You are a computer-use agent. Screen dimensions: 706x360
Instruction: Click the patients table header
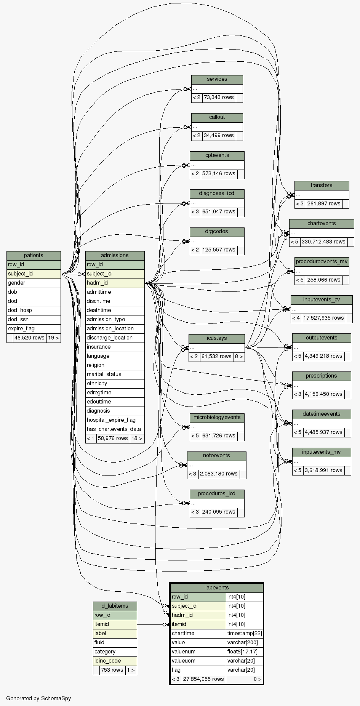coord(34,256)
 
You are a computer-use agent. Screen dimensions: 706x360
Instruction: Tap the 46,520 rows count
coord(29,338)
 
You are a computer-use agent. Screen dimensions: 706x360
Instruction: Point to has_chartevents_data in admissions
coord(114,429)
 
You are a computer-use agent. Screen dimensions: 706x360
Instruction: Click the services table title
coord(217,79)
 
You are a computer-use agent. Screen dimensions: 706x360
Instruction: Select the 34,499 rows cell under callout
coord(219,136)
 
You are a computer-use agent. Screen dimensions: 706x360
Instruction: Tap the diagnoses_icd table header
coord(217,194)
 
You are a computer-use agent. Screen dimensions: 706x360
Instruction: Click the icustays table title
coord(216,338)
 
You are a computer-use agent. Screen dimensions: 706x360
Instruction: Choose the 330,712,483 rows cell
coord(323,242)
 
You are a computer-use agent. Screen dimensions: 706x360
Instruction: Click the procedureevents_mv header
coord(322,262)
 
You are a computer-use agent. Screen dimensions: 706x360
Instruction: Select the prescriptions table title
coord(321,376)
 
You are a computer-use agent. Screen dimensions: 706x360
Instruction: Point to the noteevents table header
coord(216,456)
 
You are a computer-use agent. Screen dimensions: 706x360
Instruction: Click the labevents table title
coord(217,588)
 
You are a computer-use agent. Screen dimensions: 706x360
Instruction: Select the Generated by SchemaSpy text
coord(38,698)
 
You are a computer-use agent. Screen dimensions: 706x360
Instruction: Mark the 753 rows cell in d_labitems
coord(112,670)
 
